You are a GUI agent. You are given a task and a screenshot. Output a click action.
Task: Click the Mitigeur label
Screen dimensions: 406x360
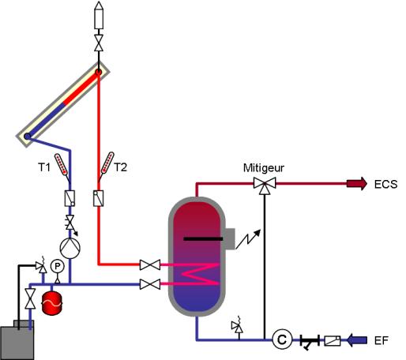[264, 168]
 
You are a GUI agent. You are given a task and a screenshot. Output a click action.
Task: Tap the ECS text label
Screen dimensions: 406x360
[385, 184]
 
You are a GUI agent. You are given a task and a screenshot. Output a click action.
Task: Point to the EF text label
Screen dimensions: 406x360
[382, 340]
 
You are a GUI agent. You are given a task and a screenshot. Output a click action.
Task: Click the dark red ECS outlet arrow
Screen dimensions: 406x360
[357, 184]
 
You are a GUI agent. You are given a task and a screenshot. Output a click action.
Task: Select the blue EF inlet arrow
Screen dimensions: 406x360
[357, 340]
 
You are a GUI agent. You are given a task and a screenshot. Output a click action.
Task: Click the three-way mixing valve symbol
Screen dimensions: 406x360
[265, 185]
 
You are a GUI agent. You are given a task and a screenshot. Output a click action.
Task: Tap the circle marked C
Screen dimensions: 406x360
[282, 339]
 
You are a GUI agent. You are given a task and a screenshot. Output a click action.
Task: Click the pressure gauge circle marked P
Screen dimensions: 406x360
[57, 267]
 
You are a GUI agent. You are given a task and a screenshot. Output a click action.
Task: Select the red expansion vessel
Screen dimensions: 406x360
[52, 303]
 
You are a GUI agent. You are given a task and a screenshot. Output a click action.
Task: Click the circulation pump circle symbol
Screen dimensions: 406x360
[70, 248]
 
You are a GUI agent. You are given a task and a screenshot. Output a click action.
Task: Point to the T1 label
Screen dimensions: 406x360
[43, 167]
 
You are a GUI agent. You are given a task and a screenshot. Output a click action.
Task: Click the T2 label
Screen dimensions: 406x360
[121, 167]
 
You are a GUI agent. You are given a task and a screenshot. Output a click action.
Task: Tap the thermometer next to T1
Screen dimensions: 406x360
[62, 165]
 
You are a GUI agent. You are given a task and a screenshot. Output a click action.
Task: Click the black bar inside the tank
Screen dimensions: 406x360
[203, 239]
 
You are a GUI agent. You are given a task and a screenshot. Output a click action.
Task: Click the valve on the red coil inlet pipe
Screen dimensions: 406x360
[150, 264]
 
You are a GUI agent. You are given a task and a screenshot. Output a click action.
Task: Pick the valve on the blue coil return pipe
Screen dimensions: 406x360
[150, 284]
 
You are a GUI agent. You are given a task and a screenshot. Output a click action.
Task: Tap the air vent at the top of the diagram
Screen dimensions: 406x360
[99, 15]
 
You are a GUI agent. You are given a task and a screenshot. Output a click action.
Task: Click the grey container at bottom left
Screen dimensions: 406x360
[17, 340]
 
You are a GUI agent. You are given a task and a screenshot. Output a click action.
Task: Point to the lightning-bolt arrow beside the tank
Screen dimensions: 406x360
[248, 239]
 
